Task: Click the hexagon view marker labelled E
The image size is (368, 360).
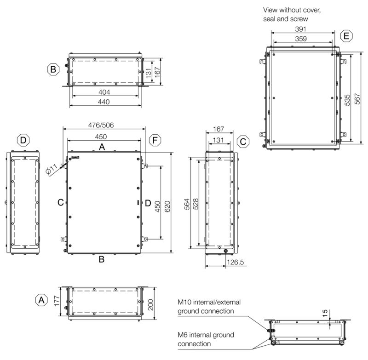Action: (346, 36)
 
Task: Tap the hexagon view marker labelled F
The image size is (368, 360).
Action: (155, 140)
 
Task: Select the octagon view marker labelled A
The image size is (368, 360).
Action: (41, 300)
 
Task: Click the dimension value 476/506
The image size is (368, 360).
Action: (101, 125)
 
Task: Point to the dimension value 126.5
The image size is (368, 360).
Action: (235, 262)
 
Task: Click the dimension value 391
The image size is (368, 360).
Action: (301, 29)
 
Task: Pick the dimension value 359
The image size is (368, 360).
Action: (301, 39)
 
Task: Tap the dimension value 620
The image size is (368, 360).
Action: (167, 206)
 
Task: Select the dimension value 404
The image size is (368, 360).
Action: (104, 92)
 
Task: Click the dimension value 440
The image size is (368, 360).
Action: (104, 102)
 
